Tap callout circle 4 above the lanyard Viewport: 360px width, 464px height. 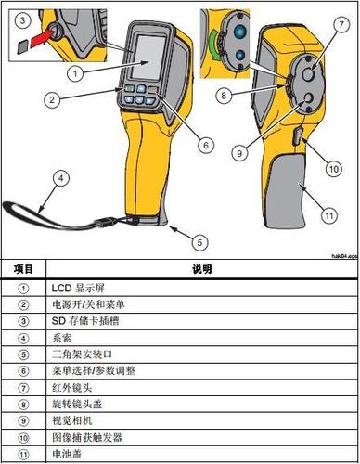click(x=60, y=177)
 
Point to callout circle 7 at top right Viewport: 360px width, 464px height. click(x=333, y=21)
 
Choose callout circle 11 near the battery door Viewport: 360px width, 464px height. click(x=327, y=215)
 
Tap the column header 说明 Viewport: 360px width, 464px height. click(x=201, y=269)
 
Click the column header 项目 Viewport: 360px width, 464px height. click(x=23, y=269)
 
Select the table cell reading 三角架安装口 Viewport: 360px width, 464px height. click(x=79, y=353)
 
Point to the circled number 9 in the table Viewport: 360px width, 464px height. click(x=23, y=419)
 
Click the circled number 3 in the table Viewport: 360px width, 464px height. click(x=23, y=321)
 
